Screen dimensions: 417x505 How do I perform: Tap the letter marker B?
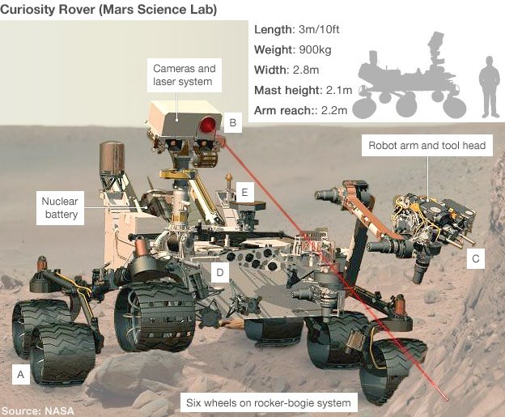(x=232, y=123)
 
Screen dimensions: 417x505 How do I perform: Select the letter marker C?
(x=475, y=259)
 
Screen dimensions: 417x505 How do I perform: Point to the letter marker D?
(x=219, y=273)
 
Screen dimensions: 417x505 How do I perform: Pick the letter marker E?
(x=243, y=192)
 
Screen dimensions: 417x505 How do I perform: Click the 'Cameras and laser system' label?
(x=183, y=75)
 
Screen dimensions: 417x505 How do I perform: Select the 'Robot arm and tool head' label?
(x=426, y=147)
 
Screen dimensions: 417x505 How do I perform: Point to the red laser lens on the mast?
(x=209, y=125)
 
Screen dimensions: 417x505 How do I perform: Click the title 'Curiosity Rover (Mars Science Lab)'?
(x=112, y=9)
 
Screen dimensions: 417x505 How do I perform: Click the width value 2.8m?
(x=309, y=70)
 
